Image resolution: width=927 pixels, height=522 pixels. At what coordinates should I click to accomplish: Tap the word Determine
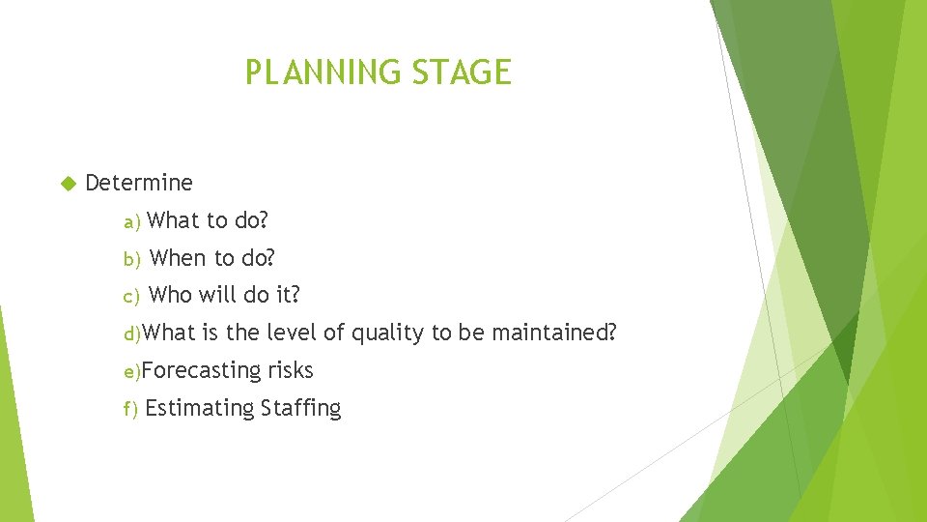click(x=139, y=183)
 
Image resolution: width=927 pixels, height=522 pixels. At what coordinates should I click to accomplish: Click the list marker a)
click(x=132, y=222)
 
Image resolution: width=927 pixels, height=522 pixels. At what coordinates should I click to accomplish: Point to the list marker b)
click(x=132, y=259)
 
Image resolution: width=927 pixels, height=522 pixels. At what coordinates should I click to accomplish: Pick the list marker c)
click(x=132, y=296)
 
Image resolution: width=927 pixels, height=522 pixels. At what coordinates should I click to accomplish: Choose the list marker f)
click(x=131, y=409)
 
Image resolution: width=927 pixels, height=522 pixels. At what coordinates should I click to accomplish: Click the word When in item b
click(x=179, y=258)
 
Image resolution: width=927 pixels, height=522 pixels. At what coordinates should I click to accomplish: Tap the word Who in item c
click(x=171, y=295)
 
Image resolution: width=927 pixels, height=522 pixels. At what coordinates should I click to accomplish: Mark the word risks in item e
click(x=291, y=370)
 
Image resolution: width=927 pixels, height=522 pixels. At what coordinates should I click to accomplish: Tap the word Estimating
click(x=200, y=408)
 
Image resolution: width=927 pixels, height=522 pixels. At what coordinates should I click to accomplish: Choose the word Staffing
click(x=300, y=408)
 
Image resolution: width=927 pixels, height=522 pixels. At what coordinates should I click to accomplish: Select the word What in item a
click(x=174, y=220)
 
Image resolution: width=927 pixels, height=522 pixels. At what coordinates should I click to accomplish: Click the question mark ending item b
click(x=270, y=258)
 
